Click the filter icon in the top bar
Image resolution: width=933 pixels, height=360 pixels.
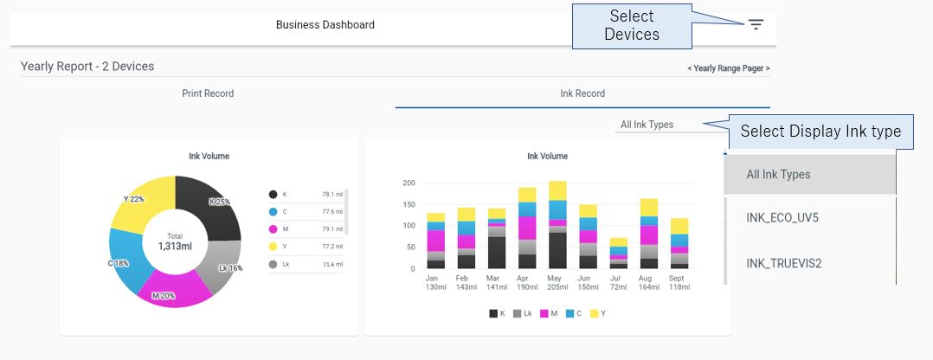(756, 24)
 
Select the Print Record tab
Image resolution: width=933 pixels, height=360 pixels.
(208, 93)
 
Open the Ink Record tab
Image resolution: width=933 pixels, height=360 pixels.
(582, 93)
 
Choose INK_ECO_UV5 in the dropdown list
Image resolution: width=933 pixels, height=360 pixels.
(782, 217)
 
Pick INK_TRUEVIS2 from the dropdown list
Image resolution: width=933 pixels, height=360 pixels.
(783, 263)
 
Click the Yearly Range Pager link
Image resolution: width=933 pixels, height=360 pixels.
(728, 68)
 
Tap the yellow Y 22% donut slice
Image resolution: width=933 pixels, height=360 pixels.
(140, 202)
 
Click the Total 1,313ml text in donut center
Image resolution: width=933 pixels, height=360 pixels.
(175, 241)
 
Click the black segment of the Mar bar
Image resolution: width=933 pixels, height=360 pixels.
(497, 252)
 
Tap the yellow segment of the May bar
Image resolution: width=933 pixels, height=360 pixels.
(557, 190)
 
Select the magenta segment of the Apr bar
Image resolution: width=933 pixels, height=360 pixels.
(527, 228)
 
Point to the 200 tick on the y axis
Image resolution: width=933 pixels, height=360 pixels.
(409, 183)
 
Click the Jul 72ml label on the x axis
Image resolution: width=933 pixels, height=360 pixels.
(617, 282)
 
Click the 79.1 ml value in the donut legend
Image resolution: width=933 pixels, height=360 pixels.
(332, 229)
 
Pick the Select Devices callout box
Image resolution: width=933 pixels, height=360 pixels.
(632, 25)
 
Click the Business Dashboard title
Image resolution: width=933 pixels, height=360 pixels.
(325, 25)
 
